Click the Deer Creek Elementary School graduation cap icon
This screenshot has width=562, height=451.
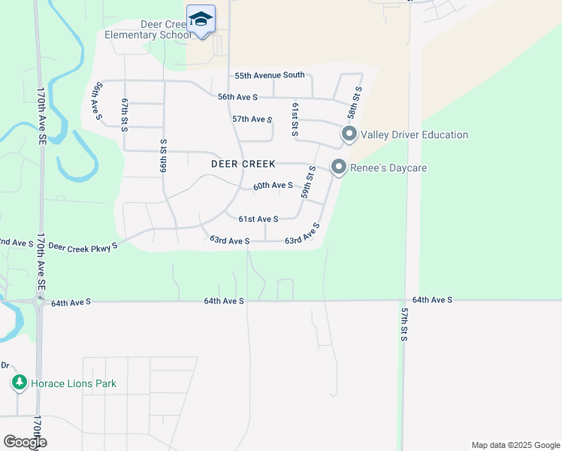(201, 18)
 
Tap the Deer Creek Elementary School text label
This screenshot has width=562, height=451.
(147, 29)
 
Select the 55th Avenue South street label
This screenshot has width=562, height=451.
(270, 75)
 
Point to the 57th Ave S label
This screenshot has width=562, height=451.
(252, 119)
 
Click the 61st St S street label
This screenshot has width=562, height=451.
(295, 120)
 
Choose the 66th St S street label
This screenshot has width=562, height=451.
(162, 156)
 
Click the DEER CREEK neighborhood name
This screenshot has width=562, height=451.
(243, 164)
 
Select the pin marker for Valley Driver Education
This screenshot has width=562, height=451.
(349, 135)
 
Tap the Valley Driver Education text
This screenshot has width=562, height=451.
(414, 135)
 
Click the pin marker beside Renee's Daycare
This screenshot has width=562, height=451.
(339, 167)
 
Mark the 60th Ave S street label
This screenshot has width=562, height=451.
(273, 185)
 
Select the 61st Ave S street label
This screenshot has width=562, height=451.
(258, 219)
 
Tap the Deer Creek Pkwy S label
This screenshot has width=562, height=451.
(83, 247)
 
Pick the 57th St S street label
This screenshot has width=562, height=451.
(403, 324)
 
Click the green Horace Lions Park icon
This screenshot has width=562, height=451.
(20, 383)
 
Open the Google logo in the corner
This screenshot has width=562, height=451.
(24, 442)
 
